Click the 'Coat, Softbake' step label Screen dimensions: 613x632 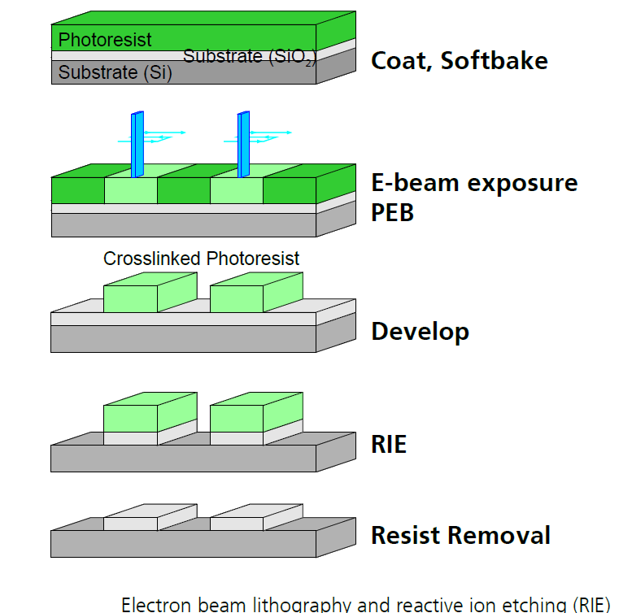tap(459, 60)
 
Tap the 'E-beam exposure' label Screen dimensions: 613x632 tap(474, 182)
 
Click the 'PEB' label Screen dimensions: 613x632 tap(393, 212)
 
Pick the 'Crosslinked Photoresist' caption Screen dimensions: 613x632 tap(201, 259)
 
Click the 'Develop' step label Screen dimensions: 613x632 tap(420, 331)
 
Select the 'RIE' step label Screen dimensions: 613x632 tap(389, 445)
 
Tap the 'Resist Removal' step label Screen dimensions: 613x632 tap(460, 536)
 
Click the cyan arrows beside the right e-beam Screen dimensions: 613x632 tap(272, 134)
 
